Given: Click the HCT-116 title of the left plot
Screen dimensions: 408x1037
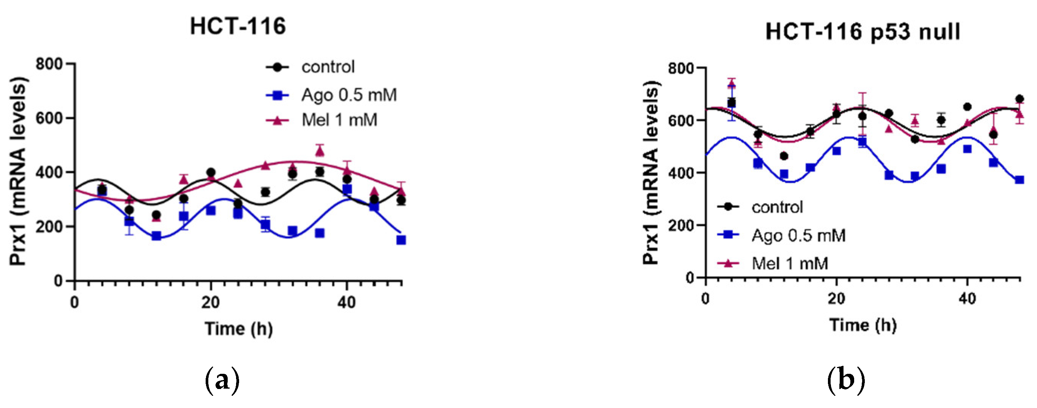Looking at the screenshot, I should click(x=238, y=27).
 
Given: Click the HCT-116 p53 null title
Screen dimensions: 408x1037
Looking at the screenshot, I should click(x=863, y=32).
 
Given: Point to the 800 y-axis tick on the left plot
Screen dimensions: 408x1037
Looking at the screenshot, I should click(x=49, y=63).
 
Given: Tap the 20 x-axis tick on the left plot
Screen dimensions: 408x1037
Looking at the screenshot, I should click(x=210, y=302).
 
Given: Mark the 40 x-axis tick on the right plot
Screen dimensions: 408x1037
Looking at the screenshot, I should click(x=967, y=299).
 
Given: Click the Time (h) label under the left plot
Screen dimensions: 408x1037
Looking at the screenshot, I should click(x=239, y=329).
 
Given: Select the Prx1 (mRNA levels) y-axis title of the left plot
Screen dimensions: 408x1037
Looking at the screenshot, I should click(x=19, y=171).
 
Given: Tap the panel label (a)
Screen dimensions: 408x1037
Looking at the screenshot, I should click(x=222, y=380).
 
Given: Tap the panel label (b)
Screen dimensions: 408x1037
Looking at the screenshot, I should click(x=846, y=380).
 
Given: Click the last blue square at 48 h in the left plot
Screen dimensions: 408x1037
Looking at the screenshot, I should click(x=401, y=240).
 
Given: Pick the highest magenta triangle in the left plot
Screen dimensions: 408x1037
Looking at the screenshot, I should click(x=320, y=151).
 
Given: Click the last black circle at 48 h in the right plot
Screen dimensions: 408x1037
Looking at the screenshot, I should click(x=1019, y=99).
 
